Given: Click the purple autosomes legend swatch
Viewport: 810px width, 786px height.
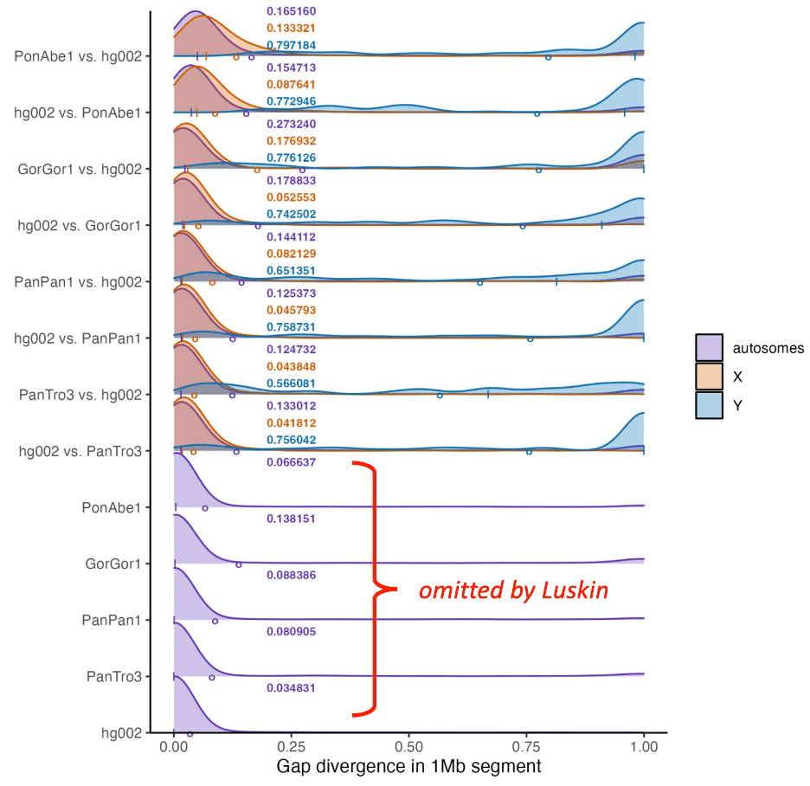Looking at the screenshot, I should [x=709, y=348].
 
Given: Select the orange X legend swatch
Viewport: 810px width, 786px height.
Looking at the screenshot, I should [x=709, y=377].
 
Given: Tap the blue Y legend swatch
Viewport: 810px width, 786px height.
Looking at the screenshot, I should [x=709, y=404].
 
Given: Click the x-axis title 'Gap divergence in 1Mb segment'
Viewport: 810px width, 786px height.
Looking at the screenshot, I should [x=408, y=767].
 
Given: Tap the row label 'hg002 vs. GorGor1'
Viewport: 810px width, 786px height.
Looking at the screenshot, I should [x=79, y=225].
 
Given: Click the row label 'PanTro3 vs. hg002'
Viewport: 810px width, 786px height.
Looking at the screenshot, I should [x=80, y=395].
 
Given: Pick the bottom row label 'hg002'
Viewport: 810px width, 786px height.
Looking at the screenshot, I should [x=121, y=733].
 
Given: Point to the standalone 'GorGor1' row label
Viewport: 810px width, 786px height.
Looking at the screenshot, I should [x=113, y=564].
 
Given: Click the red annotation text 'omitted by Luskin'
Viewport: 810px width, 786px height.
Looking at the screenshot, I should [x=513, y=591].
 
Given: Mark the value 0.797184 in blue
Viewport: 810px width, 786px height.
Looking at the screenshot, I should [x=291, y=45].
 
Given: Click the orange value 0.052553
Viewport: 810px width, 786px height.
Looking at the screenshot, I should [x=291, y=197].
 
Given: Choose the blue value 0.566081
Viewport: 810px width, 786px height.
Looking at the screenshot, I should [x=291, y=383].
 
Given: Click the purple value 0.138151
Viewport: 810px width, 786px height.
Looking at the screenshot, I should [x=291, y=519].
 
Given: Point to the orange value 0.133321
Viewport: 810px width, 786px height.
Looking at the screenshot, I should [x=291, y=29].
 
